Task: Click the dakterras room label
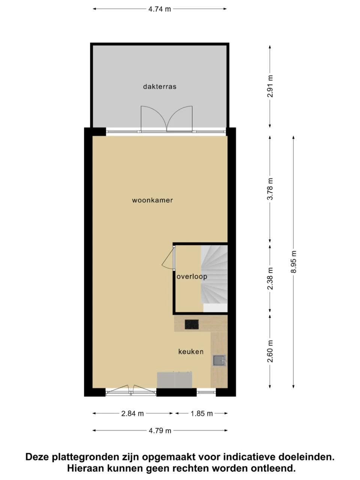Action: [160, 87]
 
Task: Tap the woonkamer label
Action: [152, 200]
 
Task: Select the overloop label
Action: [192, 277]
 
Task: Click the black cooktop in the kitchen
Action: [192, 324]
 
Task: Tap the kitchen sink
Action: [219, 361]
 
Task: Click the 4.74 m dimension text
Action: [160, 9]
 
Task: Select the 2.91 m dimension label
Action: [270, 86]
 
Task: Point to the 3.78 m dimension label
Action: [270, 189]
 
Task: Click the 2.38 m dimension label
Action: [270, 279]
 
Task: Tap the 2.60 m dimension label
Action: [270, 351]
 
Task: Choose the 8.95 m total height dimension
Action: [294, 262]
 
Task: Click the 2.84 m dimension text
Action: [132, 414]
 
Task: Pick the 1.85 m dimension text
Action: [201, 414]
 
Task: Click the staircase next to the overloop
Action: [214, 278]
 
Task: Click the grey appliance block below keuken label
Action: [174, 380]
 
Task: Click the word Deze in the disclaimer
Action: [37, 456]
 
